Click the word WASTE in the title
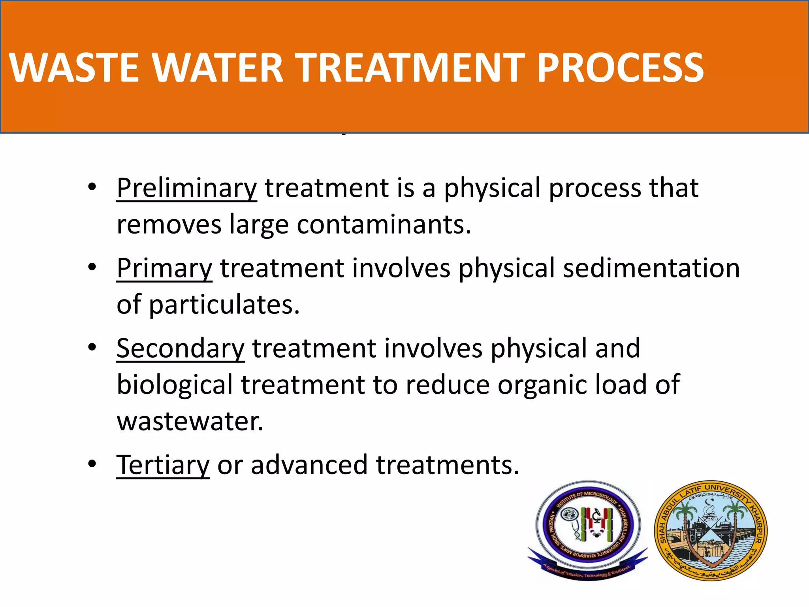[74, 68]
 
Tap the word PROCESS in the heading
[620, 68]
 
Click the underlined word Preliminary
[186, 188]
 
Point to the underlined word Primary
[164, 269]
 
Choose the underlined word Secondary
[181, 349]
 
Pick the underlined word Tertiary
[163, 465]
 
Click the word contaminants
[384, 224]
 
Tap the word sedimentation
[651, 269]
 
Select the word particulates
[224, 305]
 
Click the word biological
[175, 385]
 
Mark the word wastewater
[190, 422]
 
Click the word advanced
[309, 465]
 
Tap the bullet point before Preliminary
[92, 187]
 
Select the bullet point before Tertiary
[92, 464]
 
